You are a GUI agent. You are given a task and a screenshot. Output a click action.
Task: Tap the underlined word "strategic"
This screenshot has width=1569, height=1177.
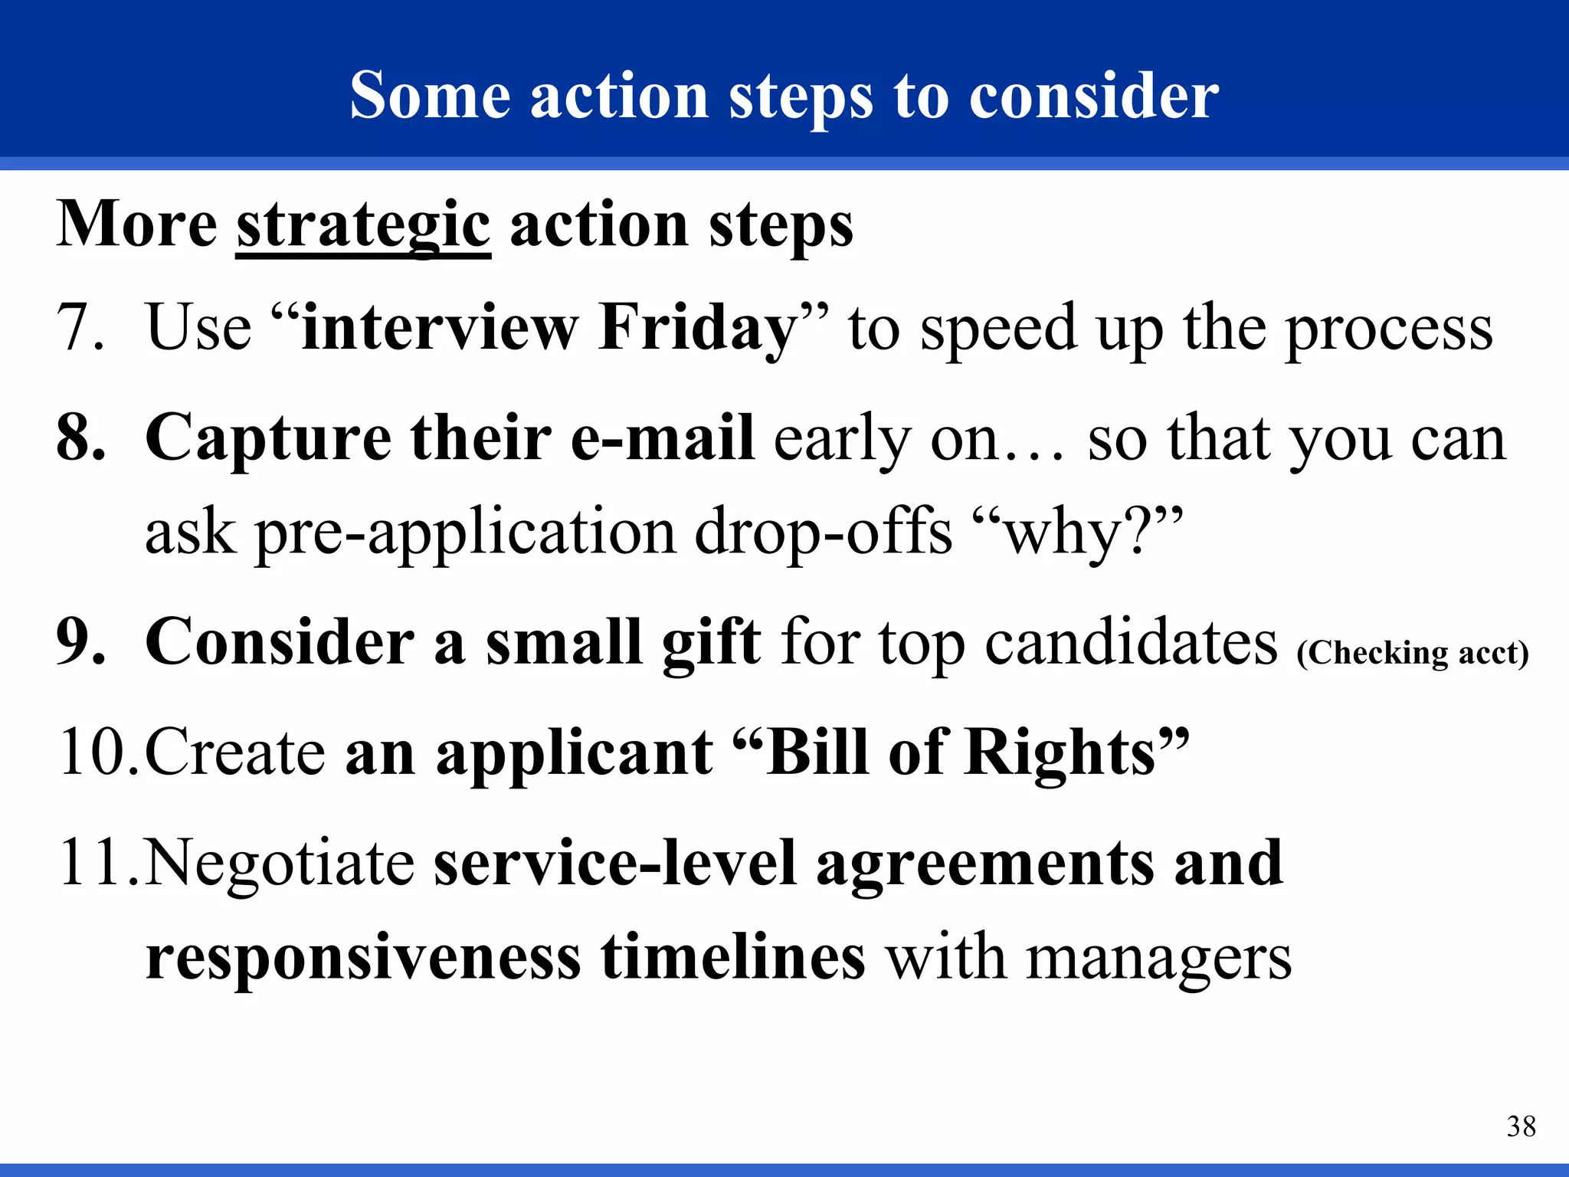coord(362,226)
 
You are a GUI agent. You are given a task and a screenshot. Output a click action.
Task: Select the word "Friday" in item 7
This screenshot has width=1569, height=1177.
coord(698,329)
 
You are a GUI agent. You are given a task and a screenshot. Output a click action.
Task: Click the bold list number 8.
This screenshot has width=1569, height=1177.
coord(80,438)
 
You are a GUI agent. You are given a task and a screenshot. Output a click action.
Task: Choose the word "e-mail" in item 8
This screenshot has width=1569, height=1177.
coord(663,438)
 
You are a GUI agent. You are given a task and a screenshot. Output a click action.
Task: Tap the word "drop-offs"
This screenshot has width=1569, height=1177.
coord(823,532)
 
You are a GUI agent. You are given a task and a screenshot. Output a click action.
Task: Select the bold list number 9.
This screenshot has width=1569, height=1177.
coord(80,642)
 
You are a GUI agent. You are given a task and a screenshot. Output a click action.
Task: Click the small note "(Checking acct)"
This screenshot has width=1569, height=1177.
coord(1412,653)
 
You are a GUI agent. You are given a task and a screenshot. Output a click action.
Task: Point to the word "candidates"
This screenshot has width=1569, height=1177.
coord(1131,642)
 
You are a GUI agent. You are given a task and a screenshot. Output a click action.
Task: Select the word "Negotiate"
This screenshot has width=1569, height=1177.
coord(280,864)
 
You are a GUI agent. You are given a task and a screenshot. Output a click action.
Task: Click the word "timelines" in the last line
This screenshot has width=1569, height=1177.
coord(733,958)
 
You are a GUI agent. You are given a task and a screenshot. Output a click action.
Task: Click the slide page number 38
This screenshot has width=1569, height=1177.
coord(1521,1126)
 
